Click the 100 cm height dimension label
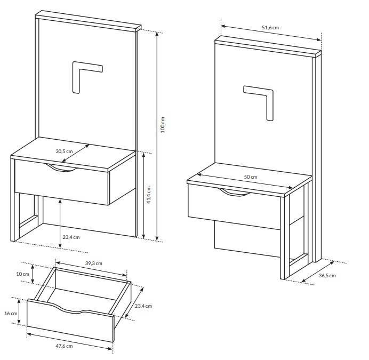click(x=163, y=125)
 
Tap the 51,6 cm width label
click(x=270, y=28)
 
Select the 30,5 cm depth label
click(x=64, y=151)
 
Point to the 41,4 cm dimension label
click(x=149, y=195)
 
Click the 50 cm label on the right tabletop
click(x=251, y=177)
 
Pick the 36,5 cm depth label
click(x=327, y=276)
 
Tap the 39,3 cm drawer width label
click(x=94, y=263)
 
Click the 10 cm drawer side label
click(x=22, y=274)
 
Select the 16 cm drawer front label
click(x=11, y=314)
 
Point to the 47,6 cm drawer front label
click(x=64, y=346)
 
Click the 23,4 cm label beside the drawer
click(x=143, y=306)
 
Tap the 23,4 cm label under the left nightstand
click(x=71, y=237)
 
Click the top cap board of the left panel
click(x=88, y=21)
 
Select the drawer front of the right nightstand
click(x=234, y=207)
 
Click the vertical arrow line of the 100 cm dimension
click(x=157, y=136)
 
